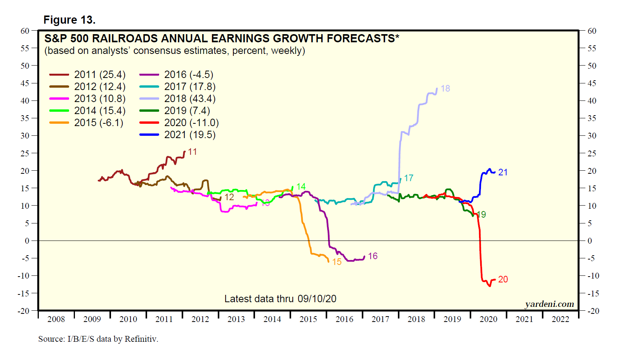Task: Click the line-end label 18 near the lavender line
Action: (445, 88)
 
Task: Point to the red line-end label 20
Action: (503, 279)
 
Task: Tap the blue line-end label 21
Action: (503, 172)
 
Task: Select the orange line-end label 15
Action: (337, 262)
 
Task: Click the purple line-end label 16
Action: (373, 256)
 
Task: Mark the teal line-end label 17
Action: (408, 178)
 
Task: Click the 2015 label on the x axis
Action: (308, 319)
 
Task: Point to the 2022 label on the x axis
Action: (560, 319)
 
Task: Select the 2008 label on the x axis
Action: (56, 319)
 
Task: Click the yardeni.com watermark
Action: (549, 304)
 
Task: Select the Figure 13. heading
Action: (69, 20)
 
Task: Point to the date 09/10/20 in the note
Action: (317, 299)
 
